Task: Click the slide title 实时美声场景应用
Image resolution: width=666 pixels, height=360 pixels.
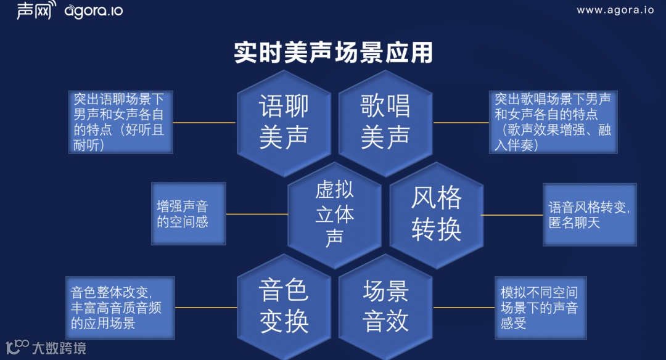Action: [x=333, y=53]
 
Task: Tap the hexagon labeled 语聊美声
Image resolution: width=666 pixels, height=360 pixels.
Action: [x=284, y=122]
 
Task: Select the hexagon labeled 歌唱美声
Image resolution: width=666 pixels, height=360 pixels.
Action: [x=385, y=122]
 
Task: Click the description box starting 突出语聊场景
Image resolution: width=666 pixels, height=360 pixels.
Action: [x=120, y=122]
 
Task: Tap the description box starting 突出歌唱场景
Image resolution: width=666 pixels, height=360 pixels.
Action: [x=553, y=122]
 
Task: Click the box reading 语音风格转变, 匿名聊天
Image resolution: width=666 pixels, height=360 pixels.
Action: [x=589, y=215]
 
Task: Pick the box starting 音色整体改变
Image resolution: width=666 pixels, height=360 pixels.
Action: [x=120, y=307]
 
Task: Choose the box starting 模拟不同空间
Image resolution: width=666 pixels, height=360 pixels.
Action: [x=540, y=307]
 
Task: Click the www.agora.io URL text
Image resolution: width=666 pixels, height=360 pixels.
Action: [x=615, y=10]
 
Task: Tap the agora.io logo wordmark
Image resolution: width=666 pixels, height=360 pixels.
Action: [x=93, y=11]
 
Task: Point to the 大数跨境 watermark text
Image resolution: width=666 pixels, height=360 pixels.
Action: [x=59, y=348]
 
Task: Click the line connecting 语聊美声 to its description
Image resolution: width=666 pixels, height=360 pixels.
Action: [x=205, y=122]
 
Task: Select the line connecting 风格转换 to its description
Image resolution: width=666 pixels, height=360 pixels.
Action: [x=512, y=215]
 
